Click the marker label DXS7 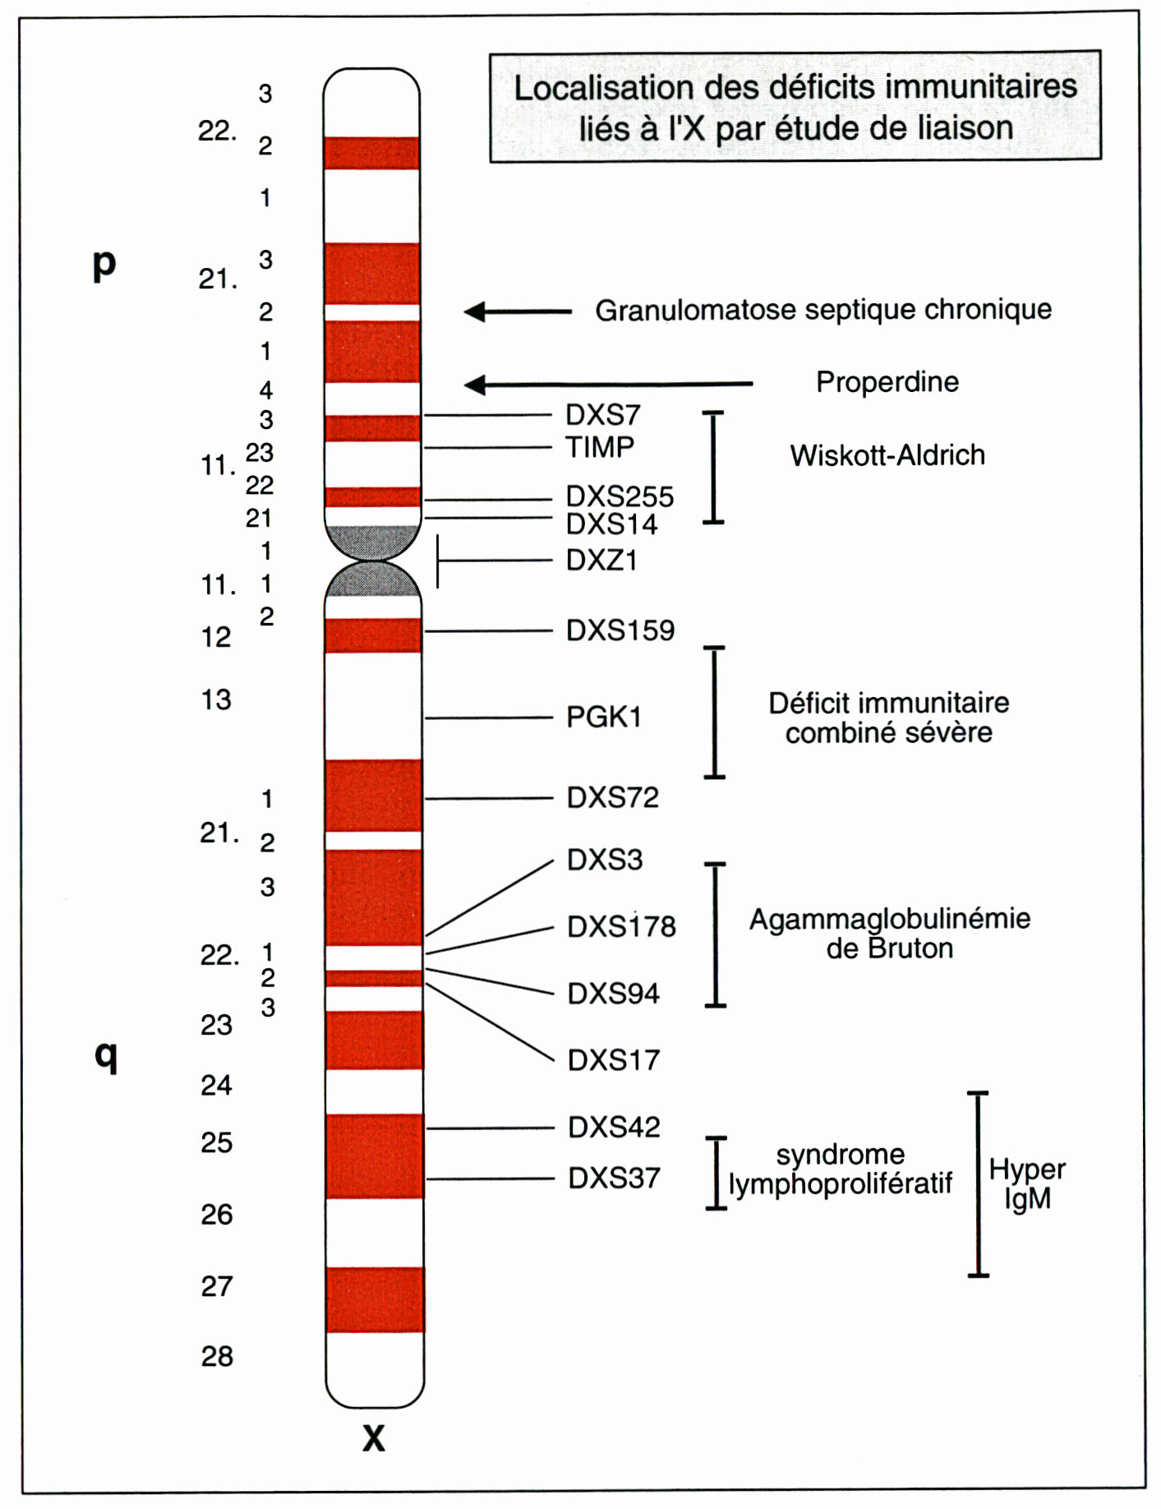coord(602,415)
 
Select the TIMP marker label coord(600,447)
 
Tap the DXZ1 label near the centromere coord(601,561)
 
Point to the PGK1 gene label coord(603,717)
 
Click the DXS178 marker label coord(621,927)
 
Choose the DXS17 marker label coord(613,1060)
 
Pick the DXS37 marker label coord(614,1179)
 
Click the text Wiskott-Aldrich coord(887,455)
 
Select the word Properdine coord(887,382)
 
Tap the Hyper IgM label coord(1027,1184)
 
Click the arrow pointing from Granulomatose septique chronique coord(518,311)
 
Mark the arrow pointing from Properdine coord(608,384)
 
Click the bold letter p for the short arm coord(104,265)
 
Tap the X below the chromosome coord(374,1437)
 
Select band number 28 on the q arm coord(217,1355)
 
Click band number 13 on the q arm coord(216,700)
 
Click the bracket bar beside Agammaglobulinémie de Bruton coord(716,934)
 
